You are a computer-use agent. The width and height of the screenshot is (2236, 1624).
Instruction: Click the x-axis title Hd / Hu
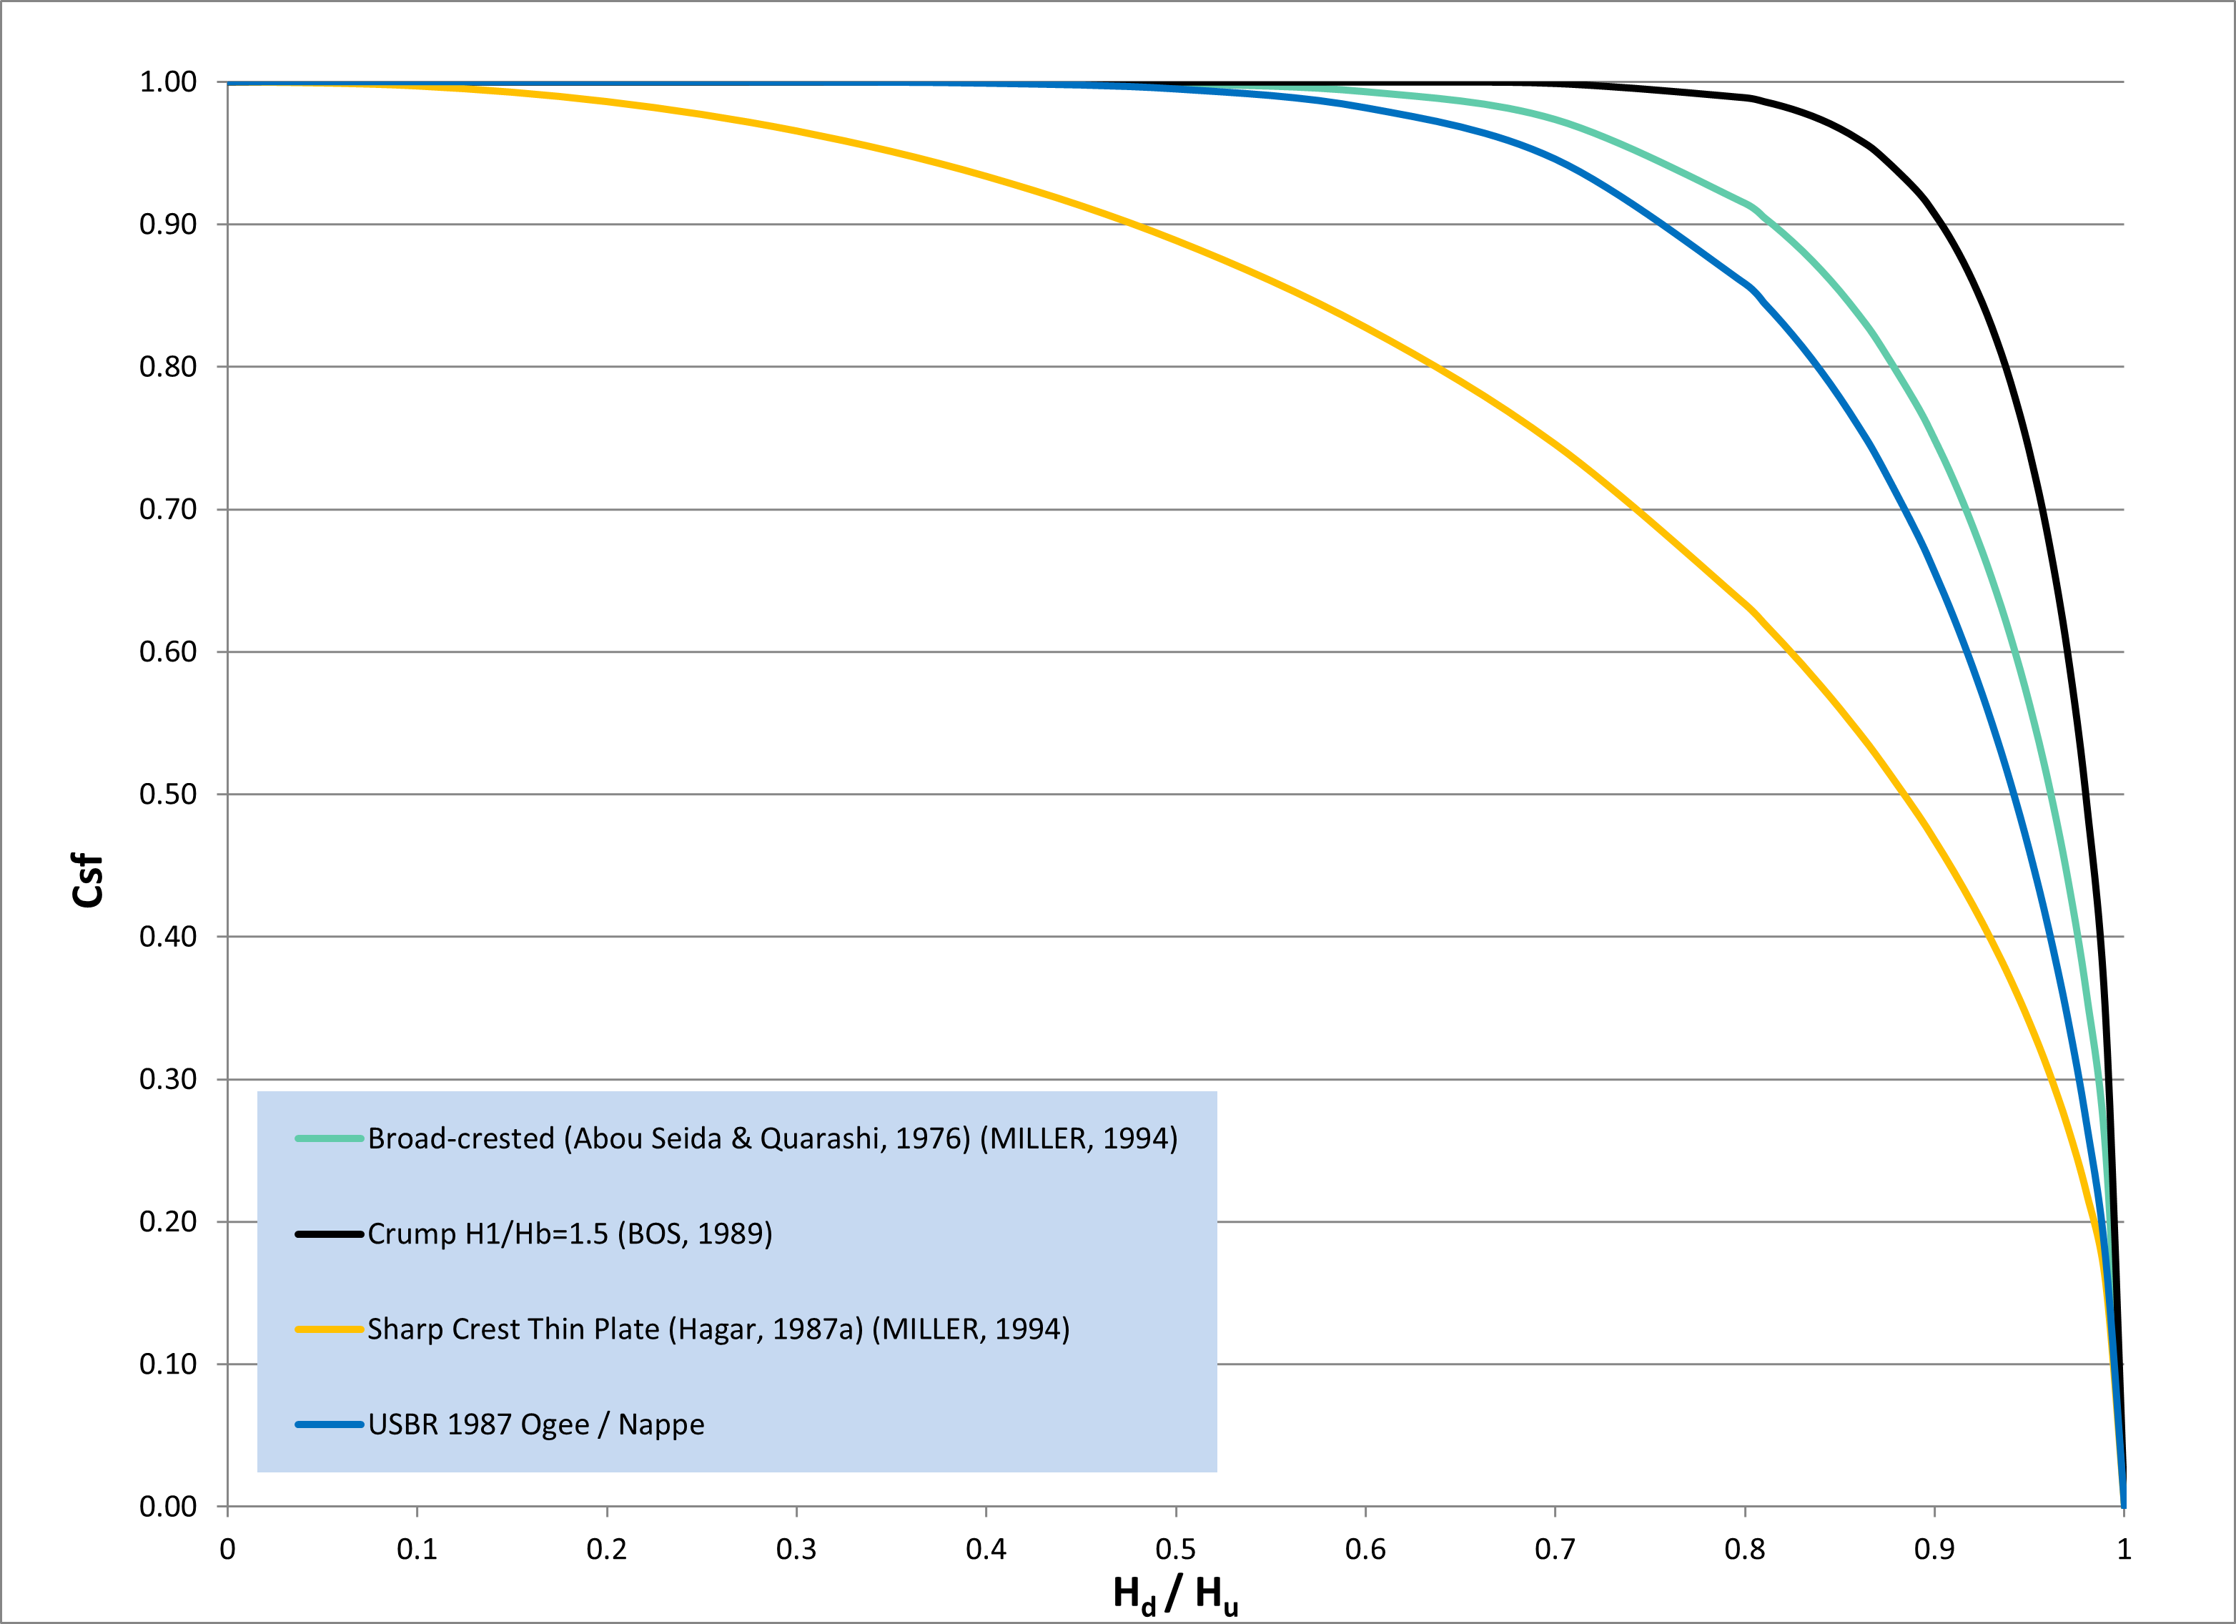click(x=1175, y=1593)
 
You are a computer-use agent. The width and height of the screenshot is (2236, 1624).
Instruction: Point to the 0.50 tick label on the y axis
click(x=167, y=794)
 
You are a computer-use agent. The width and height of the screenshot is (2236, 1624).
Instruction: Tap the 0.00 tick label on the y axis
click(x=167, y=1506)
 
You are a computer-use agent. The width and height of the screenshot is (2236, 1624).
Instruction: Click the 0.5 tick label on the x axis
click(x=1175, y=1549)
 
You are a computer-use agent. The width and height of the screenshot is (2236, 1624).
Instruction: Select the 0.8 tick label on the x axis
click(x=1744, y=1549)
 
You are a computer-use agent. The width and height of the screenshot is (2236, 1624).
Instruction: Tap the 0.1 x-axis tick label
click(x=417, y=1549)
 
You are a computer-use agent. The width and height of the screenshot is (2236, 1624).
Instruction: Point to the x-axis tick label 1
click(x=2124, y=1549)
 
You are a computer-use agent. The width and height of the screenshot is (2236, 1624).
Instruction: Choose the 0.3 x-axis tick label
click(x=796, y=1549)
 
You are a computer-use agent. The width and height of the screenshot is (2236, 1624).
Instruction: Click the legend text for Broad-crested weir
click(x=772, y=1139)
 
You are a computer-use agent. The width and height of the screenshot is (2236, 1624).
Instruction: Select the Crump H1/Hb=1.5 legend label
click(x=570, y=1234)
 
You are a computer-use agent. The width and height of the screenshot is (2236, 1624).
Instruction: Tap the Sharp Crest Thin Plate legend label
click(x=718, y=1329)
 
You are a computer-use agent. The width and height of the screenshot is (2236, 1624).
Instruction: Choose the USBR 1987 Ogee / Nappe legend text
click(x=536, y=1424)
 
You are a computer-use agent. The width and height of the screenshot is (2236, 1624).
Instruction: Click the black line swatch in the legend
click(x=330, y=1234)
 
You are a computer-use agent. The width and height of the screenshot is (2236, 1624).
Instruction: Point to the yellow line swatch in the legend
click(x=330, y=1329)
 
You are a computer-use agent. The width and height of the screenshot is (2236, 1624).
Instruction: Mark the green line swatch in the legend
click(x=330, y=1139)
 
